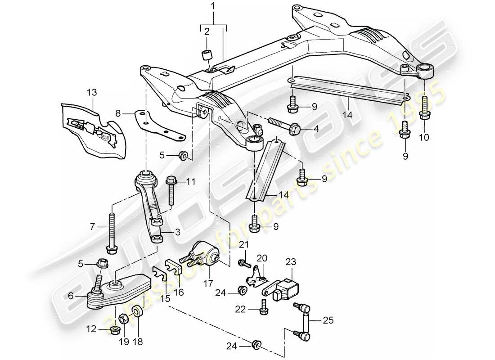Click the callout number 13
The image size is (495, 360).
91,93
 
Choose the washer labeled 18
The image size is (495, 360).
137,312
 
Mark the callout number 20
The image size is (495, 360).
262,257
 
